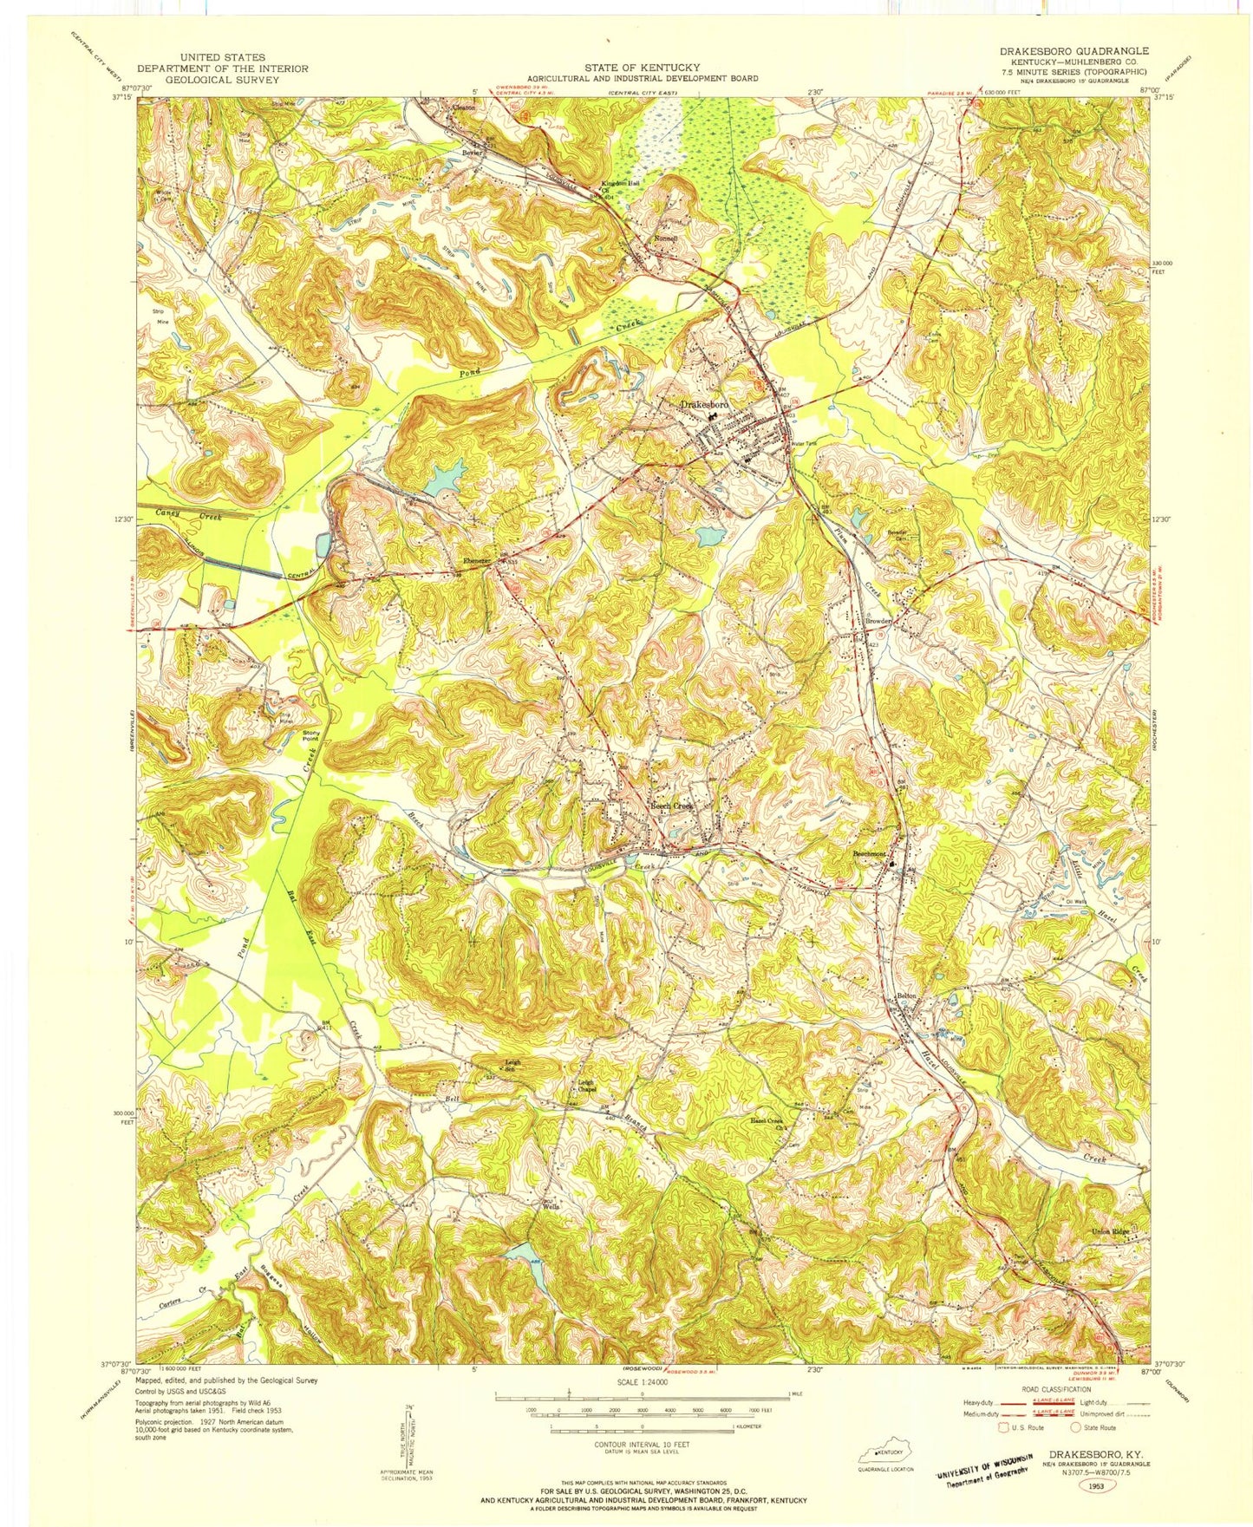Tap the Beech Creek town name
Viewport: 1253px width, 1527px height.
tap(672, 806)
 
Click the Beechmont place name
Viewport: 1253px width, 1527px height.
tap(869, 854)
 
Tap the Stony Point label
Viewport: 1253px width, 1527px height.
tap(311, 735)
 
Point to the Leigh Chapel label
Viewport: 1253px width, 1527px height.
tap(586, 1085)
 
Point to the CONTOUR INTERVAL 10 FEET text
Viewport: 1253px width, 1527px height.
tap(641, 1444)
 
